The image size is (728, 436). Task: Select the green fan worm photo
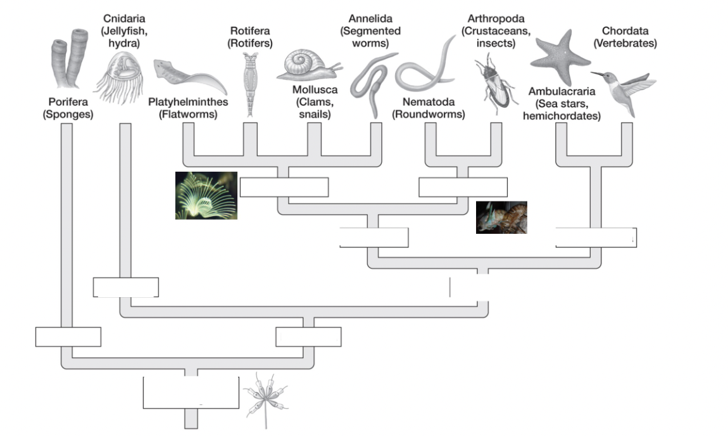point(206,195)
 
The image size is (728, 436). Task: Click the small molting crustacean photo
point(501,217)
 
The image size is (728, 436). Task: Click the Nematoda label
point(429,101)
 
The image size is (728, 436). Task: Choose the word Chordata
point(629,30)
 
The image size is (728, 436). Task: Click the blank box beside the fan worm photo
point(284,188)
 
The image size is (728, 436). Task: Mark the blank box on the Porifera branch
point(68,337)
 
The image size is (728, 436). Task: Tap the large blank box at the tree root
point(191,393)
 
